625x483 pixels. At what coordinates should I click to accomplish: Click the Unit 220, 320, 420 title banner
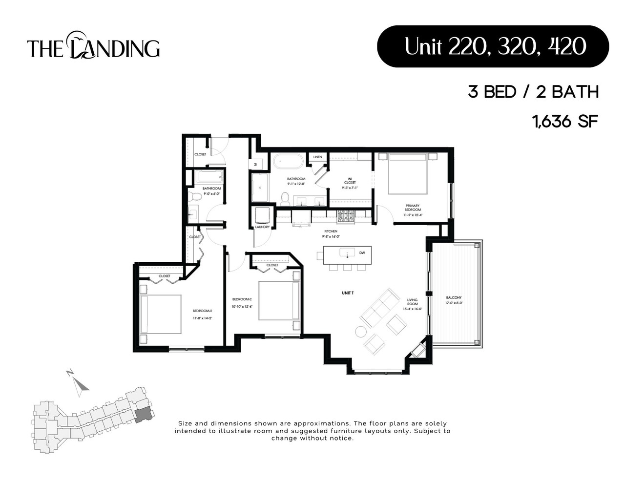point(493,46)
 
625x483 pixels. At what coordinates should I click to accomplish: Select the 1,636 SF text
point(565,121)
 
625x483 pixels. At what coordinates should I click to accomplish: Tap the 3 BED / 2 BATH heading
point(533,92)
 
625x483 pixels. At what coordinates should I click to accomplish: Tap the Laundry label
point(262,227)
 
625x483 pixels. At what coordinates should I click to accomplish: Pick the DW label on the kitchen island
point(362,253)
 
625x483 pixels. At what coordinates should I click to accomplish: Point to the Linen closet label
point(317,157)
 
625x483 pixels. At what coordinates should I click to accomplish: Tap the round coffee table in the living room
point(360,332)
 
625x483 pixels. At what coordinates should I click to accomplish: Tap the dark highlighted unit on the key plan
point(143,415)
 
